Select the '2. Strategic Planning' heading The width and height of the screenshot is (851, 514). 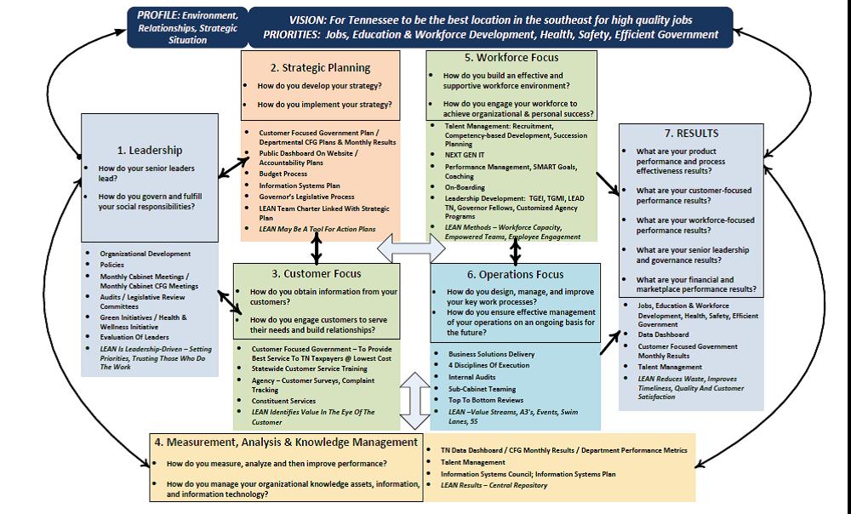[x=321, y=68]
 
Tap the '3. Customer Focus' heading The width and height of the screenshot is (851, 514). [x=317, y=274]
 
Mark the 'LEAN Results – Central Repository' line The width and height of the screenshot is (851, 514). [x=494, y=485]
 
